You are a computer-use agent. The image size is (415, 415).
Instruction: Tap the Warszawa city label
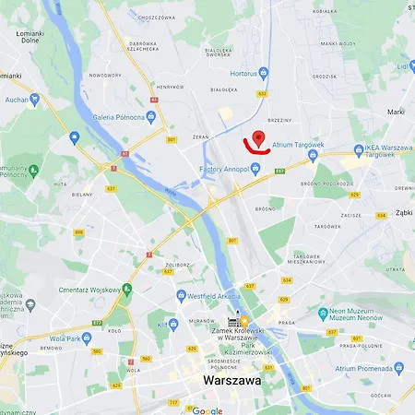230,379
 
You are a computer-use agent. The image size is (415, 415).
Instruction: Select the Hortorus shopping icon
264,72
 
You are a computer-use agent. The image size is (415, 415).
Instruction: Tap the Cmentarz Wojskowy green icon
127,290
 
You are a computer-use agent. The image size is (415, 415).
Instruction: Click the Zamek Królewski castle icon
234,321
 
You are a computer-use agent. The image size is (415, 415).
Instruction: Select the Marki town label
397,112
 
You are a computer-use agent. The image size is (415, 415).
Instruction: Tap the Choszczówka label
153,17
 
